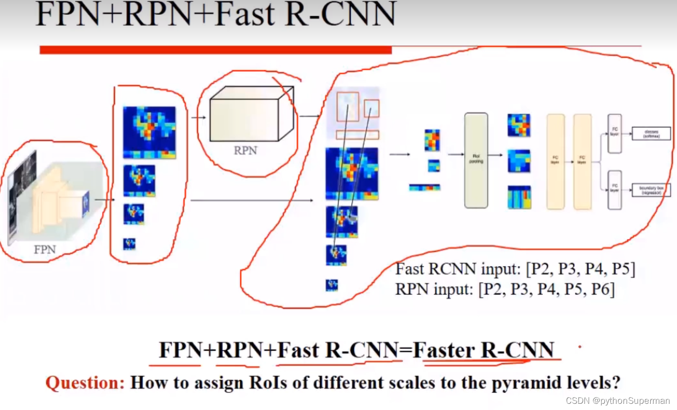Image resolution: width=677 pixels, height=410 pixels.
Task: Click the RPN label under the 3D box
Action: pyautogui.click(x=245, y=151)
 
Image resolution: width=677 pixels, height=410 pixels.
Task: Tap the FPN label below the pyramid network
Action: pyautogui.click(x=44, y=249)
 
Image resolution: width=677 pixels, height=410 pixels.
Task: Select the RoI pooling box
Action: pyautogui.click(x=476, y=160)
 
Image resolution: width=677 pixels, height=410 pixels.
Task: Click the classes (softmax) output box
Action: pyautogui.click(x=651, y=134)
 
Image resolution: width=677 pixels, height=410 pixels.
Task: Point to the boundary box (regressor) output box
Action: pyautogui.click(x=651, y=190)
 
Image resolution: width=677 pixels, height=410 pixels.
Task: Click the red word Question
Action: pyautogui.click(x=85, y=383)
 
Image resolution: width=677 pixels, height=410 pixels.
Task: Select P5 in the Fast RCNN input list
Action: pyautogui.click(x=622, y=269)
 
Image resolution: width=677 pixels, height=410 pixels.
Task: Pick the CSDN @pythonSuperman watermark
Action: pyautogui.click(x=618, y=401)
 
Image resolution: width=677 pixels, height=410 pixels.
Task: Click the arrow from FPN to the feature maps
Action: pyautogui.click(x=104, y=200)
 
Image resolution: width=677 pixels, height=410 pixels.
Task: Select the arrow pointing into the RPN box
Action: pyautogui.click(x=198, y=118)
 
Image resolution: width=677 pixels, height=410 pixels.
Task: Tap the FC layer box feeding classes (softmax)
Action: pyautogui.click(x=615, y=133)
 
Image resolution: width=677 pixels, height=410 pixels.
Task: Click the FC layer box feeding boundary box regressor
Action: pyautogui.click(x=615, y=190)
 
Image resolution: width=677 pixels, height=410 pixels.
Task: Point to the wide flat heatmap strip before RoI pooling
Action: pyautogui.click(x=424, y=187)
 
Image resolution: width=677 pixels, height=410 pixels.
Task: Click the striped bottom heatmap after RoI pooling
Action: pyautogui.click(x=519, y=197)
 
